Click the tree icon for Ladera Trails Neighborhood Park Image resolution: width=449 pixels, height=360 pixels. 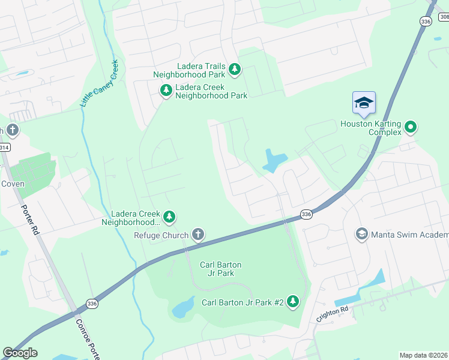pos(235,70)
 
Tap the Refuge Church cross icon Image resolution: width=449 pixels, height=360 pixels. pos(198,235)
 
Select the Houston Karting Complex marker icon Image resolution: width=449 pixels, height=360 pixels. pos(411,127)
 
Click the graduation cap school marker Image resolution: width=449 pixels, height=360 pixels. pos(364,103)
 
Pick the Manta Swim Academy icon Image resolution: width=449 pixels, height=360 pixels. pos(361,234)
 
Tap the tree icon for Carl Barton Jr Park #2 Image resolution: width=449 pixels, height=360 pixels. pos(293,301)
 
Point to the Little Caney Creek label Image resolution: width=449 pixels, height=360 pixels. pos(99,84)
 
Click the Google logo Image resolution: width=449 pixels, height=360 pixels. pos(20,353)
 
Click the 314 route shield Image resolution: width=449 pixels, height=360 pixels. pos(3,147)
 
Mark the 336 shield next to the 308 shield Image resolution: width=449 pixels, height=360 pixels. pos(426,21)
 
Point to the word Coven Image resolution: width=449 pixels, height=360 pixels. pos(12,184)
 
